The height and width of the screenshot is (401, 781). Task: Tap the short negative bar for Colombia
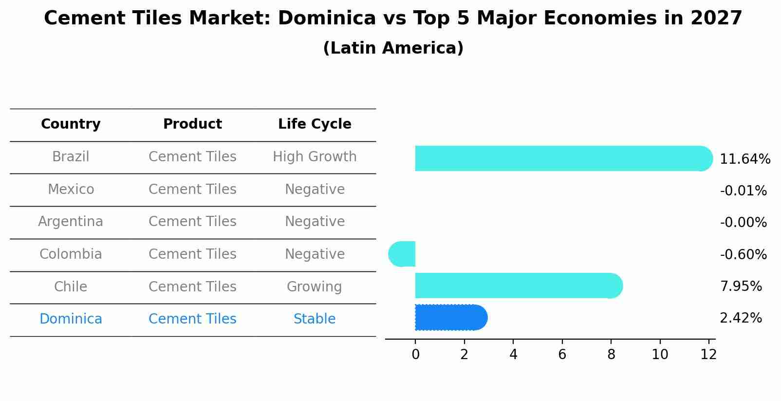coord(403,254)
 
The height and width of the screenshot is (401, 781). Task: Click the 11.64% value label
coord(744,159)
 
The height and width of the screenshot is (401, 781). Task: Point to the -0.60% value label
coord(743,255)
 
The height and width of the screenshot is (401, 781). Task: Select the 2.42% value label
coord(741,318)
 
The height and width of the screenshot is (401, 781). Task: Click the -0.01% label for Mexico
coord(743,191)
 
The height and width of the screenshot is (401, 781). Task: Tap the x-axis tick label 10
coord(660,355)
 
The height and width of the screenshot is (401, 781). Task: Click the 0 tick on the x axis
coord(415,355)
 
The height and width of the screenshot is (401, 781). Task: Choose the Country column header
coord(71,124)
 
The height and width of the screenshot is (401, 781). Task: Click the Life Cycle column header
coord(315,124)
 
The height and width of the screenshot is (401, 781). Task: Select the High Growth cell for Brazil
coord(315,157)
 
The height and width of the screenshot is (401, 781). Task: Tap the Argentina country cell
coord(71,222)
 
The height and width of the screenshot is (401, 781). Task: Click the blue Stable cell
coord(315,319)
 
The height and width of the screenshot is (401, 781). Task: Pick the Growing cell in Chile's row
coord(315,286)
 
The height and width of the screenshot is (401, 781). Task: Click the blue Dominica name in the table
coord(71,319)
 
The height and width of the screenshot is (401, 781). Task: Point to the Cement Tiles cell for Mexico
coord(192,189)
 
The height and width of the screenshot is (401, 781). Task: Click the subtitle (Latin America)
coord(393,48)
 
